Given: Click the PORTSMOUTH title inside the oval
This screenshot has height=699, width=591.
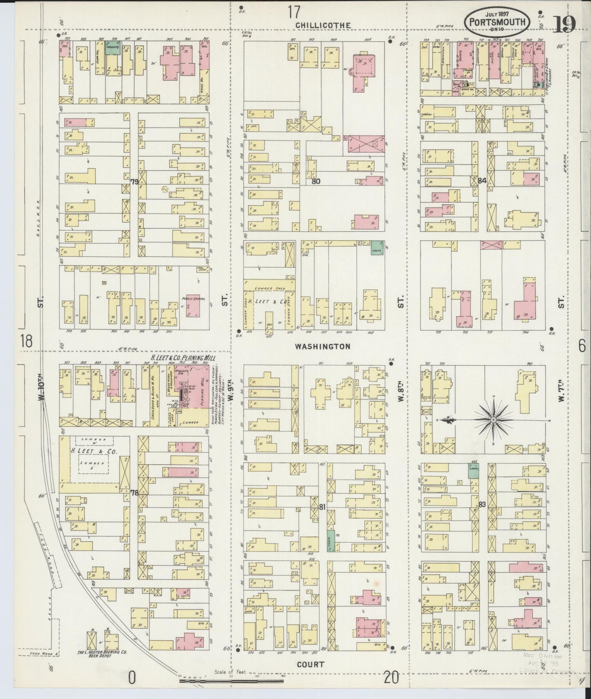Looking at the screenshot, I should pos(497,22).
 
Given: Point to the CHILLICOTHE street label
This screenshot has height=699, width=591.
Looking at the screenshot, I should pos(323,25).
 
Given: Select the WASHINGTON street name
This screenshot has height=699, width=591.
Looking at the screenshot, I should pos(323,347).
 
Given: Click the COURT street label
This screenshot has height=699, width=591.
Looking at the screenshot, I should pos(312,664).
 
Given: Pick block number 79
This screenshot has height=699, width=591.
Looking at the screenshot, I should pos(134,181).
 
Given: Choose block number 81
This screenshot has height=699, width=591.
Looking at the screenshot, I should pos(322,507).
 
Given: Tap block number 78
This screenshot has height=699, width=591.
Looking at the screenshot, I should pos(134,493).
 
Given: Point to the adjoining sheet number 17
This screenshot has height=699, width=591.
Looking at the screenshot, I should pos(293,12).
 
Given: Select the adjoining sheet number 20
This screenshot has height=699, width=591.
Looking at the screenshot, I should pos(391,678).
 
